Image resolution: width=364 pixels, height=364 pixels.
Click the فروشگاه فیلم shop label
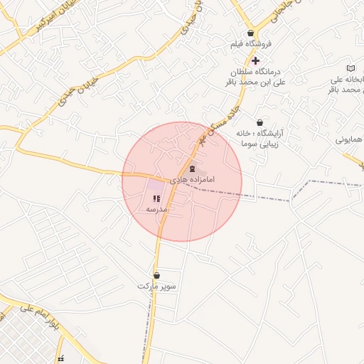[x=247, y=44]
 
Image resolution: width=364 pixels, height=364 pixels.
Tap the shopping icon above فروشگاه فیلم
[x=250, y=33]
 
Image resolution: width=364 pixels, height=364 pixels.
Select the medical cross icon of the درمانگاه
[x=256, y=61]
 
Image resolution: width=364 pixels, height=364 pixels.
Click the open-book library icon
[x=350, y=67]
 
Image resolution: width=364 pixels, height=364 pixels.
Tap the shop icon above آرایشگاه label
[x=259, y=122]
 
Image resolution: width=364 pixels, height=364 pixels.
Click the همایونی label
[x=350, y=139]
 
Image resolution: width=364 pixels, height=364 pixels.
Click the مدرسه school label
[x=156, y=210]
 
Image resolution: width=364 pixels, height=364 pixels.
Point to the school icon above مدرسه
[x=156, y=198]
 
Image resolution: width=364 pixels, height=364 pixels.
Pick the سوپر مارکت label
[x=156, y=286]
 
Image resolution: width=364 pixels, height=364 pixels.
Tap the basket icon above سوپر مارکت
[x=156, y=275]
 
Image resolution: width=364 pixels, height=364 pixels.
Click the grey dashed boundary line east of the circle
[x=299, y=191]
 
